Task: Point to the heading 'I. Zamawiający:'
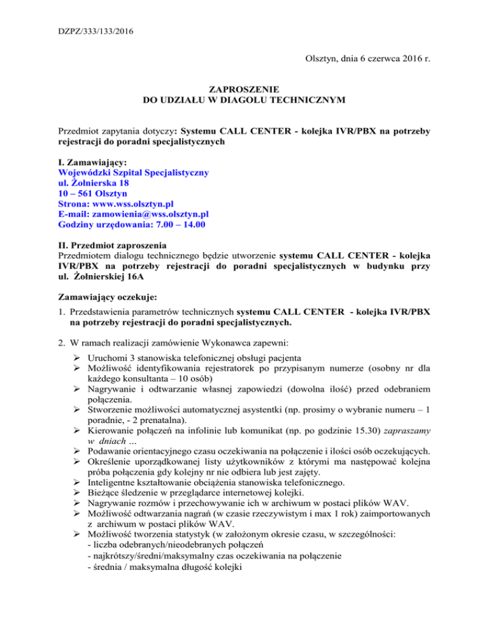tap(92, 163)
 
